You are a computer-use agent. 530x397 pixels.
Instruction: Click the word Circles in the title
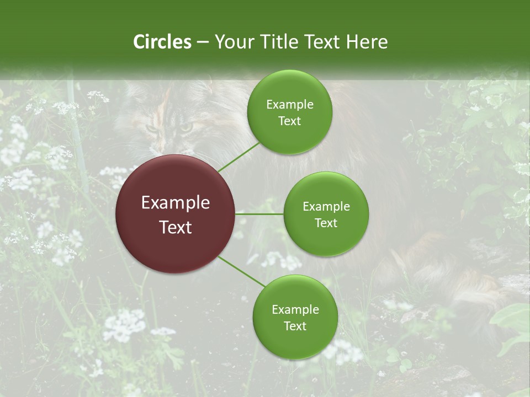[x=162, y=42]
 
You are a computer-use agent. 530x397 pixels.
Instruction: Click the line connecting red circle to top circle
[x=239, y=157]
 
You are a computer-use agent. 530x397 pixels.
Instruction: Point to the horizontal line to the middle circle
[x=259, y=214]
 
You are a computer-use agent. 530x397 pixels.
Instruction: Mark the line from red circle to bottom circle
[x=242, y=272]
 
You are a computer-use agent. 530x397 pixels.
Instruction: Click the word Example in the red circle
[x=176, y=202]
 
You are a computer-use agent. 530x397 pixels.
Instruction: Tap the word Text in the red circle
[x=176, y=227]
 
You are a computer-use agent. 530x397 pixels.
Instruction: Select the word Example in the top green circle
[x=290, y=104]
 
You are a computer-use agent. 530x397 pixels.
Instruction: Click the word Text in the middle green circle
[x=326, y=223]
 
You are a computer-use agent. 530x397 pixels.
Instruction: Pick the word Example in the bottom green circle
[x=295, y=309]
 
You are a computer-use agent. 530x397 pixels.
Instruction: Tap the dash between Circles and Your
[x=203, y=42]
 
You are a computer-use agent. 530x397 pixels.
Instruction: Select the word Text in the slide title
[x=320, y=42]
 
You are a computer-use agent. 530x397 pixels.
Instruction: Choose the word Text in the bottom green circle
[x=295, y=326]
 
